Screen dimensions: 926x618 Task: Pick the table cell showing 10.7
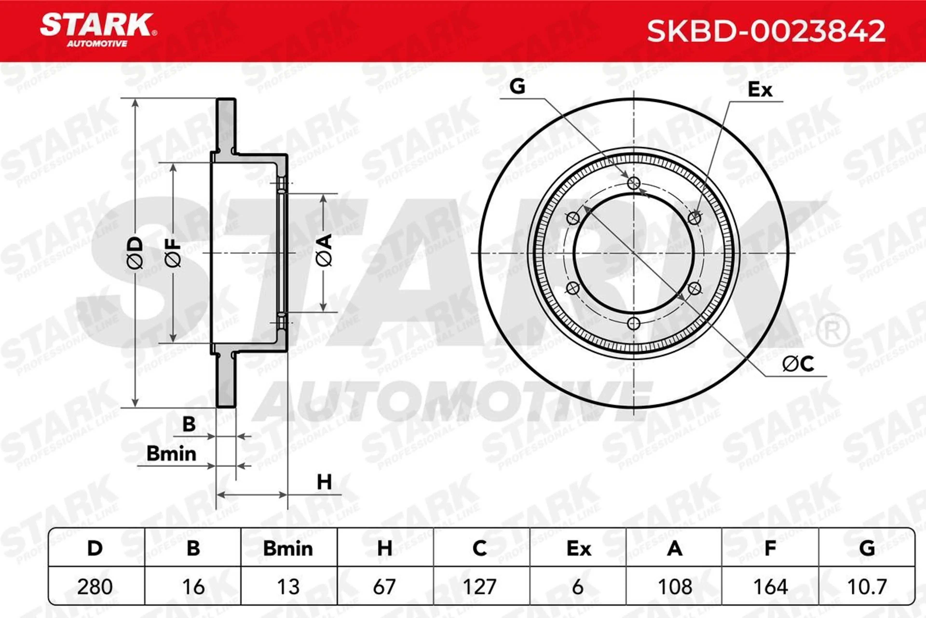pos(866,586)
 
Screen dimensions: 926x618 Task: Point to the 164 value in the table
pos(770,586)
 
